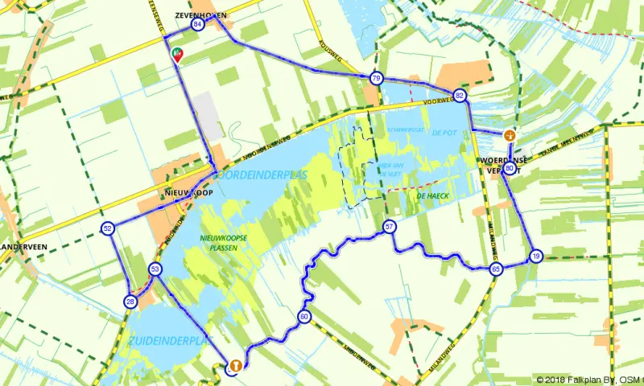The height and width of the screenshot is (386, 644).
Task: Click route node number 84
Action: point(197,24)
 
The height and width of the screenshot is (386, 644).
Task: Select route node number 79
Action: point(376,78)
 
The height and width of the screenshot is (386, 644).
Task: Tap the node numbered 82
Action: point(459,95)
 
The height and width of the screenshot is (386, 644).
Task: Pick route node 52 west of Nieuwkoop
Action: point(108,228)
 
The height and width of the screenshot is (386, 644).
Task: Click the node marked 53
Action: point(155,269)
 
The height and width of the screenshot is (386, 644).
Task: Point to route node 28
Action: point(130,302)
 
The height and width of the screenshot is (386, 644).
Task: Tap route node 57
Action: point(389,226)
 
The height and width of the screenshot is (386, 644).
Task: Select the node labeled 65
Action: point(496,269)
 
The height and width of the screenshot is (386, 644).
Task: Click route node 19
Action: point(536,257)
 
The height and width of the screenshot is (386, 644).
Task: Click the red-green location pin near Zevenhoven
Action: point(177,54)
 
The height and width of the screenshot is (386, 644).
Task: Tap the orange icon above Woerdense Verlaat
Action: point(509,136)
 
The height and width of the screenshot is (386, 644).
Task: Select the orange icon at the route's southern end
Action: point(234,366)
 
